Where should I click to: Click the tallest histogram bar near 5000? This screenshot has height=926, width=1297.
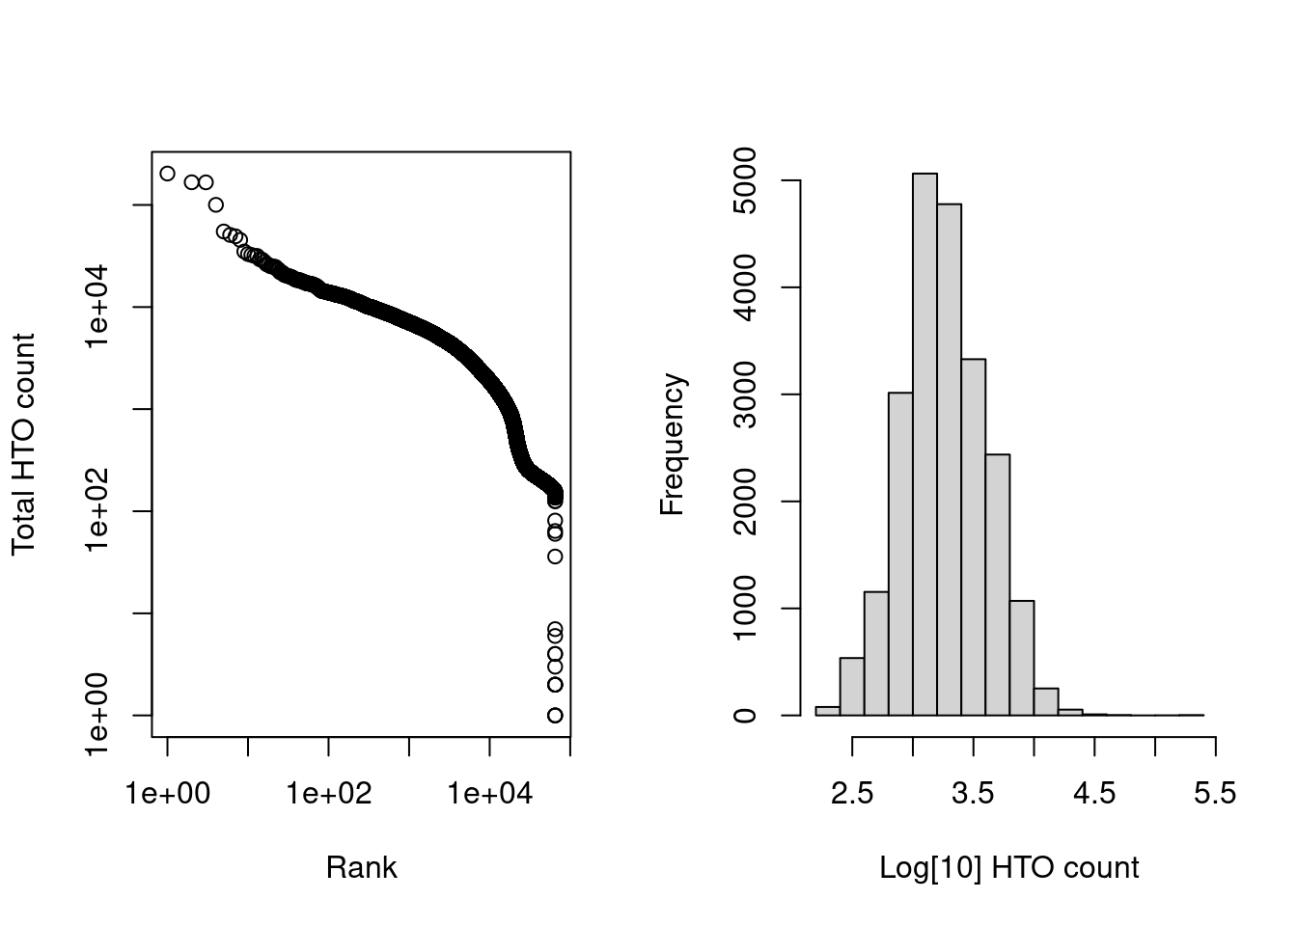point(924,444)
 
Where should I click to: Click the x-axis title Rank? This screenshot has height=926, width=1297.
point(361,867)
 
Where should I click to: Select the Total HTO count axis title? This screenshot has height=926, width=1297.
point(23,444)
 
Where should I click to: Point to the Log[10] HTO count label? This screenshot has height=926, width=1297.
point(1008,867)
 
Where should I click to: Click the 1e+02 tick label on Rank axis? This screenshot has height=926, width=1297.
point(329,793)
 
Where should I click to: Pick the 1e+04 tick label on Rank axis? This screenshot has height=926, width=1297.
point(490,793)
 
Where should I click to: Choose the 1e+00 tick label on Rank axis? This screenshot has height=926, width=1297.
point(168,793)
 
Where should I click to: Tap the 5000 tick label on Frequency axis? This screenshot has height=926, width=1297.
point(745,181)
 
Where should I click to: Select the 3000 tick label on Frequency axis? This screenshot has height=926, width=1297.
point(745,395)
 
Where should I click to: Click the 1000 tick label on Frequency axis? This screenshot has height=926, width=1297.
point(745,609)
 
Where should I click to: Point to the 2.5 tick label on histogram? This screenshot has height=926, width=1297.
point(852,793)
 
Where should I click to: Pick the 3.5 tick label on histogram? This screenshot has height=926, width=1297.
point(973,793)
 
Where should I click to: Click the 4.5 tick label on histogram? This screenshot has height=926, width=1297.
point(1094,793)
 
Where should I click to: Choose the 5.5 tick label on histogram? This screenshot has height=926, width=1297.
point(1215,793)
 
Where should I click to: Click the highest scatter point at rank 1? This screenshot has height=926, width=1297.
point(167,174)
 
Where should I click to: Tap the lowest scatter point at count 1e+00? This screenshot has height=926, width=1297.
point(555,715)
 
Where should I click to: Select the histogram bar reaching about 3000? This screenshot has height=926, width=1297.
point(900,554)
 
